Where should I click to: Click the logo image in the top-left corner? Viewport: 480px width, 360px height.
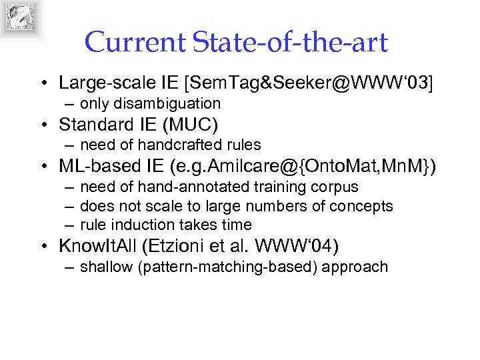[20, 17]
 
